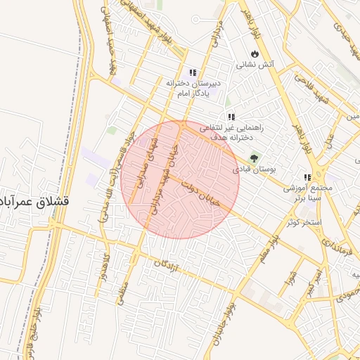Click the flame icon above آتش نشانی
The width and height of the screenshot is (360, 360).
point(254,53)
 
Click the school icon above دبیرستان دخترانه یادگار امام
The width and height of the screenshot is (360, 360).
point(193,72)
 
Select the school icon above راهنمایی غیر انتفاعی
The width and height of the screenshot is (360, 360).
point(231,117)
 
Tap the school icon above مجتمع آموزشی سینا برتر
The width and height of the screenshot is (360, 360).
point(307,178)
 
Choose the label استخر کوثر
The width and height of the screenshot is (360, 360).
point(304,222)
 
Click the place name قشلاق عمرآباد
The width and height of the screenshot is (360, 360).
point(36,200)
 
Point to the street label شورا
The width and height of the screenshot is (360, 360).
point(289,280)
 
